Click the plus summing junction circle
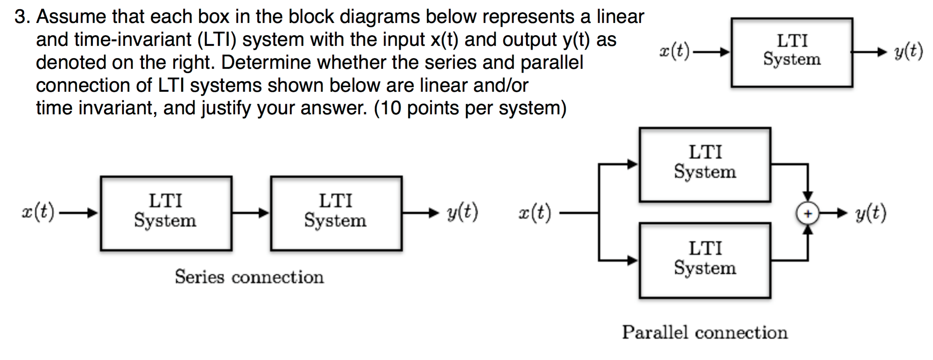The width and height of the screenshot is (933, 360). (807, 213)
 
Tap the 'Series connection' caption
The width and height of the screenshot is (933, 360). (249, 277)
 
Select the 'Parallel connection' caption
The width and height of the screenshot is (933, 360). (705, 332)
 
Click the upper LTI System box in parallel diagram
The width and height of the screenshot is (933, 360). (705, 164)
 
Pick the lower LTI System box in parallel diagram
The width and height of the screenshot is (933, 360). (705, 260)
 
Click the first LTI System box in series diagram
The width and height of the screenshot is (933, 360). (166, 213)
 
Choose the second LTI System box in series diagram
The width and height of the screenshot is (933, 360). (336, 213)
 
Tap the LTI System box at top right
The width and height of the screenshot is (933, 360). (792, 52)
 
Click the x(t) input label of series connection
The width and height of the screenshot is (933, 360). (38, 212)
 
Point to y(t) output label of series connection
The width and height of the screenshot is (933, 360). (462, 212)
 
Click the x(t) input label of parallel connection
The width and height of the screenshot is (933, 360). (535, 213)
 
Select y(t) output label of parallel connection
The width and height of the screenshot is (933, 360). (871, 213)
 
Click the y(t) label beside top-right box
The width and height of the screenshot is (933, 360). (908, 52)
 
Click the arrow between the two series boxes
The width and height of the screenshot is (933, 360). (251, 213)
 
